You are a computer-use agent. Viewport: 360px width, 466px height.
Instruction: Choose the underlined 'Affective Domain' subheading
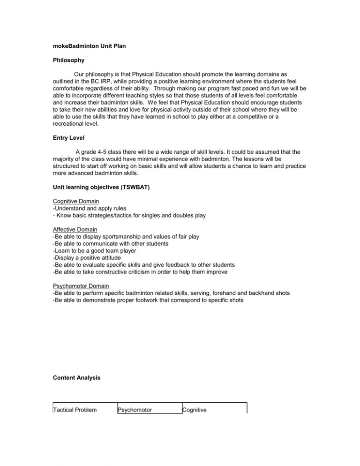(75, 230)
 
